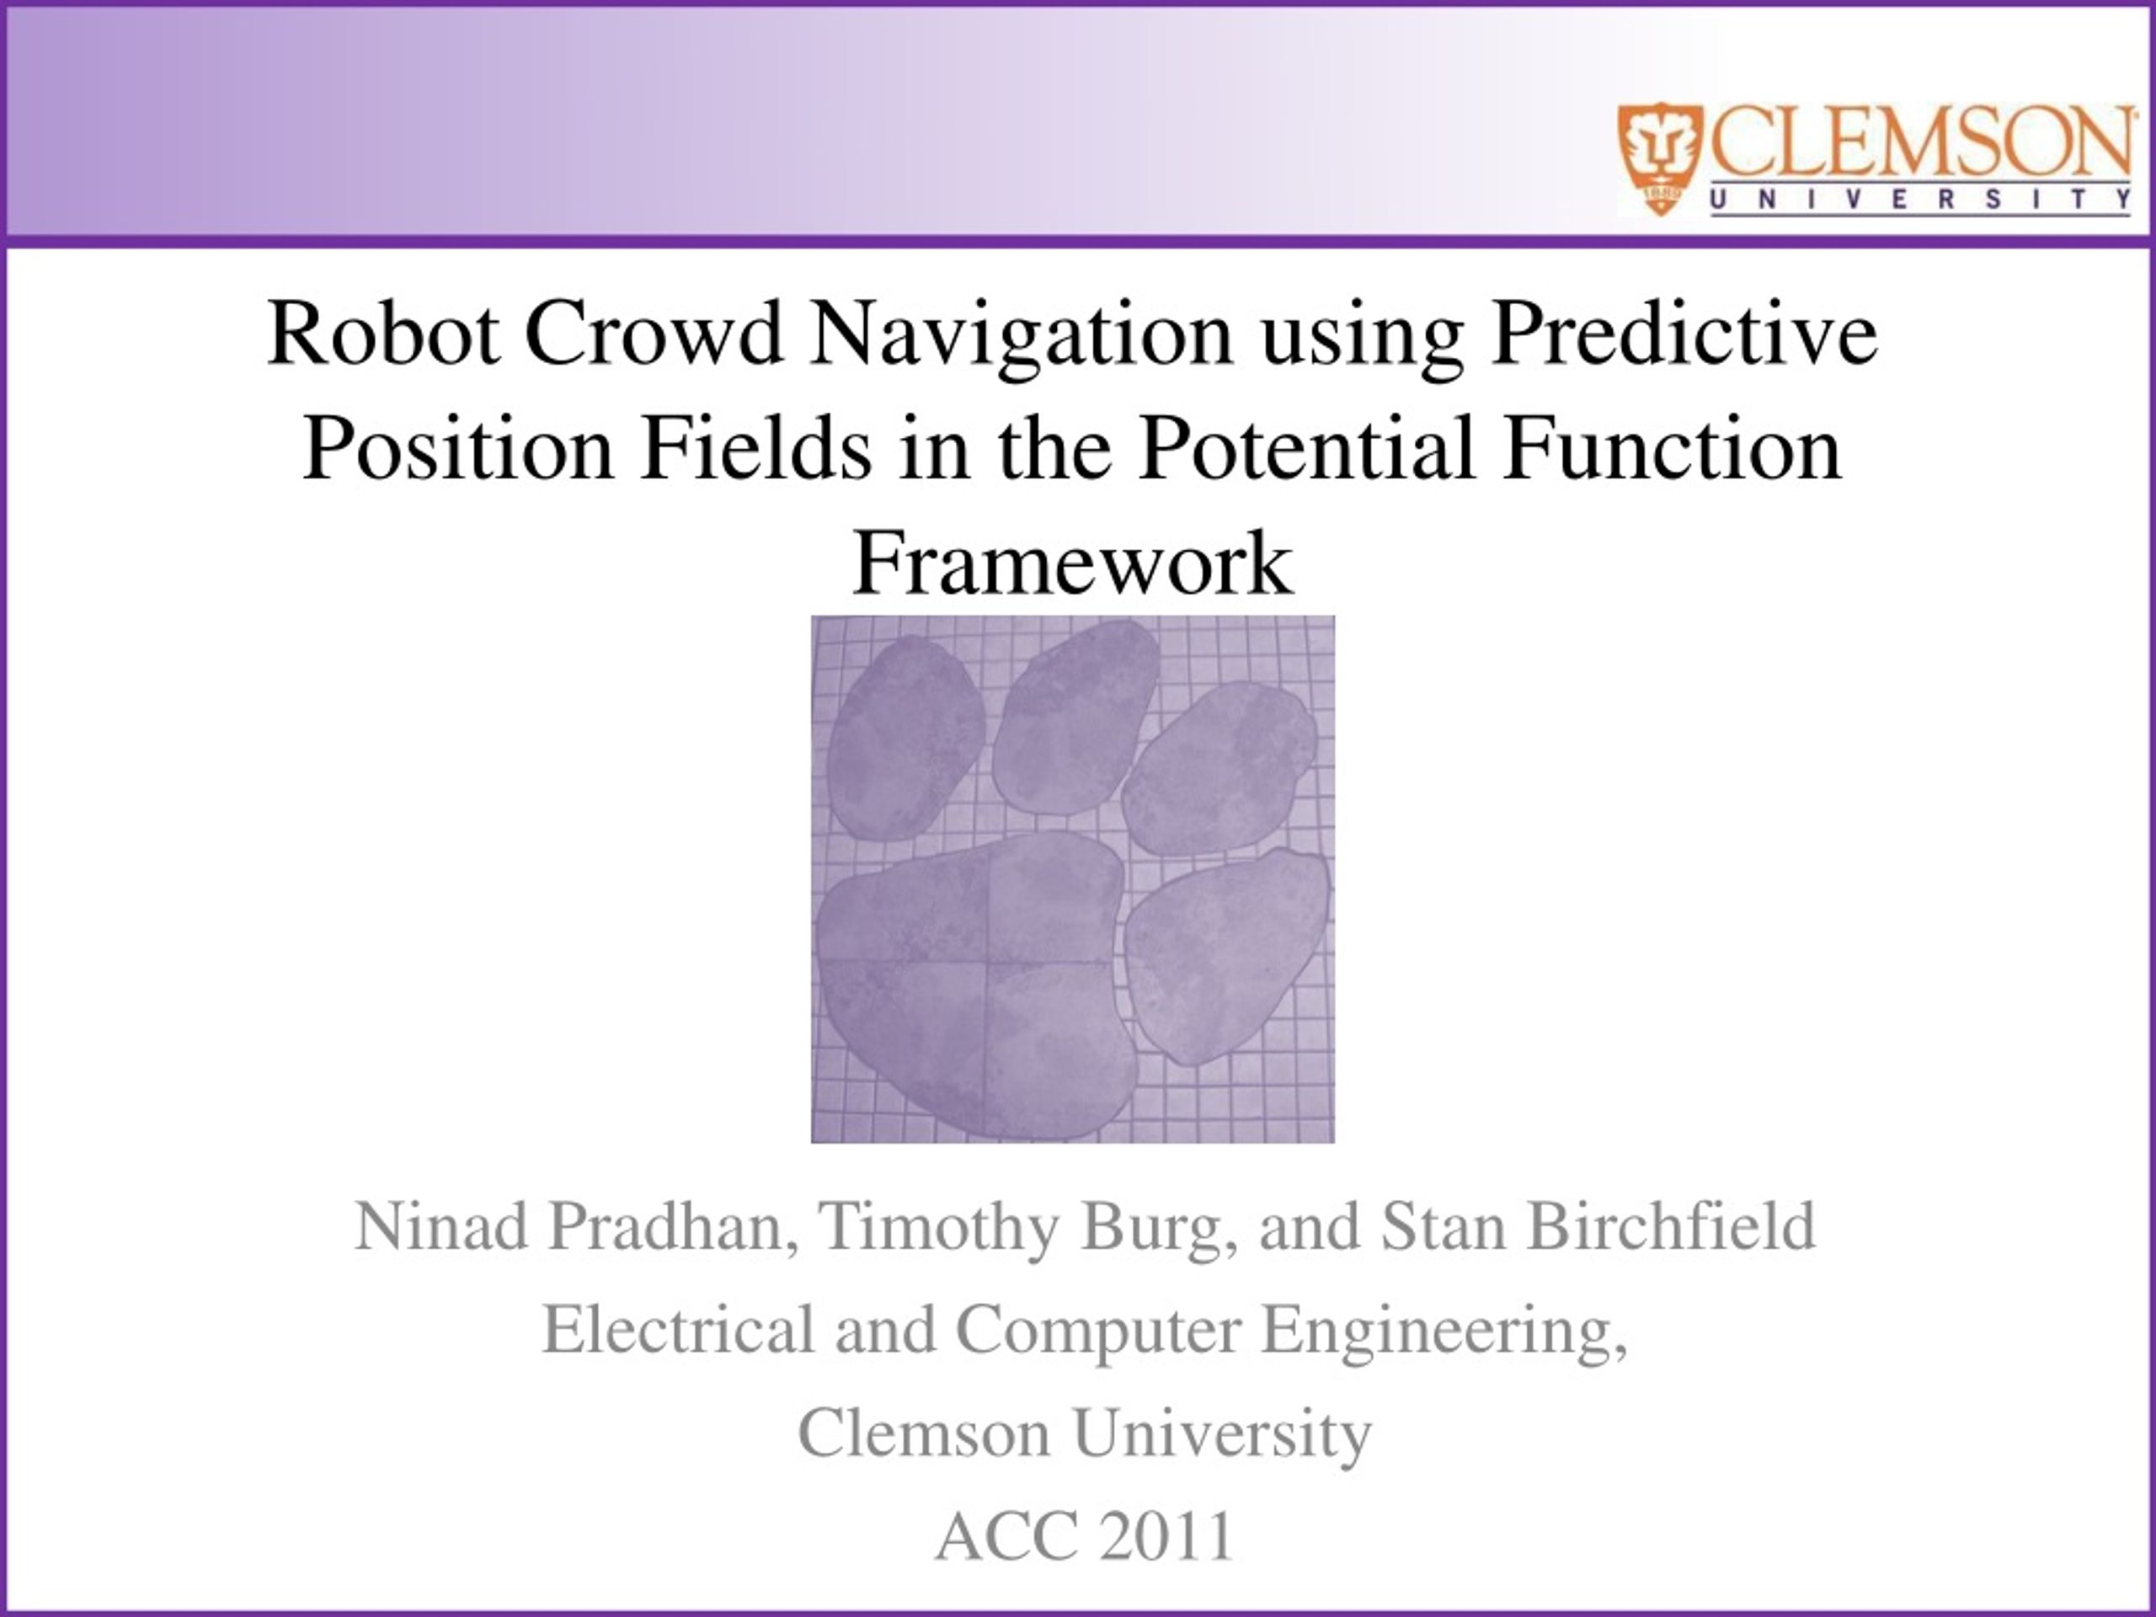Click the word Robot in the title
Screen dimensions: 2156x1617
coord(384,334)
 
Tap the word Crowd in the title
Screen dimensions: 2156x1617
coord(655,334)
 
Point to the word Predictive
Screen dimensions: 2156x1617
coord(1684,334)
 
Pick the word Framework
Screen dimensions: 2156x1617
coord(1073,563)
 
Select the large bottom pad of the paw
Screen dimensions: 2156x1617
coord(974,985)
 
